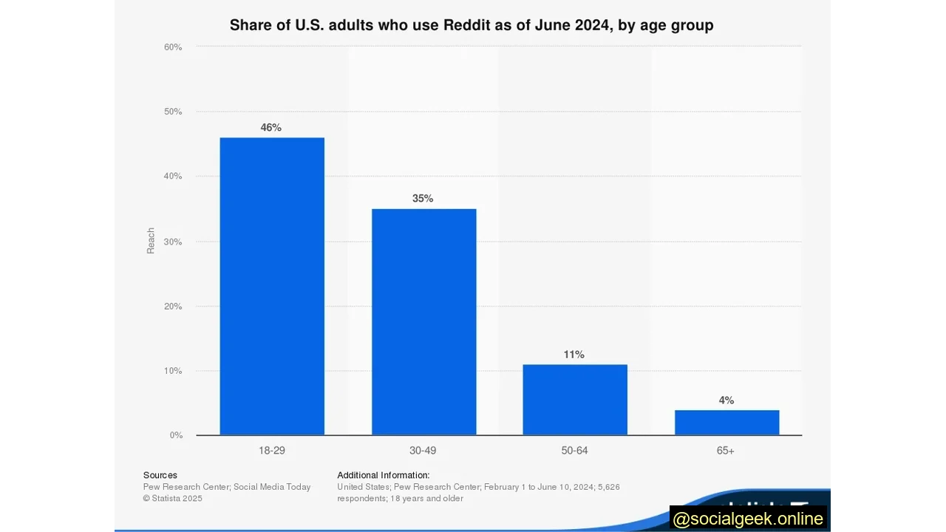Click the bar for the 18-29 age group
coord(272,286)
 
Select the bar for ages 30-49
coord(423,321)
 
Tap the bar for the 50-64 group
coord(575,399)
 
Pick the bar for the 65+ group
coord(726,422)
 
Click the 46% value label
coord(271,128)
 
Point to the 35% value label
coord(423,199)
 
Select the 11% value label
coord(574,355)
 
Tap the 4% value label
coord(726,400)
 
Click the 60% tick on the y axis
coord(173,47)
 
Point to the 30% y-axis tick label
coord(173,242)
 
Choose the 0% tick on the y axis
coord(176,435)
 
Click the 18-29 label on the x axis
coord(272,451)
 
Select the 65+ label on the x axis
coord(726,451)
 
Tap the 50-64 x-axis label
coord(574,451)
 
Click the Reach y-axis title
coord(151,241)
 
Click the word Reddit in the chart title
coord(467,25)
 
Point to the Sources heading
coord(160,475)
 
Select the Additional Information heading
coord(383,475)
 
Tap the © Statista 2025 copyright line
coord(173,499)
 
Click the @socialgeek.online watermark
coord(748,519)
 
